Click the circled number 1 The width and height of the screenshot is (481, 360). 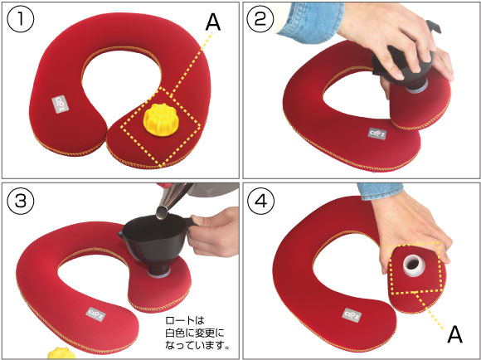point(20,19)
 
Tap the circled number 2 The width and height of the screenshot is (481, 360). point(260,19)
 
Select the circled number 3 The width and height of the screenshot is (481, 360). point(20,201)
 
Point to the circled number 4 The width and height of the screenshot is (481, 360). point(260,201)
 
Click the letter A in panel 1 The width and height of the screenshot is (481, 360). point(213,22)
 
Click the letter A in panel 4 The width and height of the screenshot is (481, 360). point(455,334)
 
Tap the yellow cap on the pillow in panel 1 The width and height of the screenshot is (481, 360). point(159,119)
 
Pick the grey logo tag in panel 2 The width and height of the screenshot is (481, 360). point(377,134)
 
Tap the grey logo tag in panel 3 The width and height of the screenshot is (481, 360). point(96,314)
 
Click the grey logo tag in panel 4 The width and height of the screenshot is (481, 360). point(352,315)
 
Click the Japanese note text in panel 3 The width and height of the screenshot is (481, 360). point(197,333)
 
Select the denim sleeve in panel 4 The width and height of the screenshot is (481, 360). point(380,191)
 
